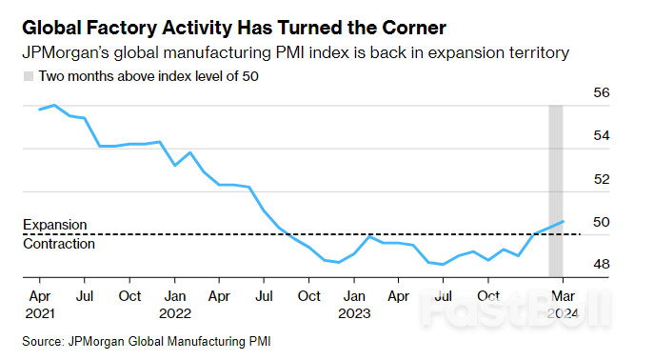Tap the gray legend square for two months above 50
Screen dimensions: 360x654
click(29, 74)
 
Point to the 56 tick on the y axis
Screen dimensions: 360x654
click(601, 93)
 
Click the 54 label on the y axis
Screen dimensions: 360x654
click(601, 136)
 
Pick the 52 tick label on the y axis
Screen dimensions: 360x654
click(601, 179)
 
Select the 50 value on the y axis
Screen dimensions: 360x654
click(601, 222)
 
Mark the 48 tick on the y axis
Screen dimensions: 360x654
click(601, 264)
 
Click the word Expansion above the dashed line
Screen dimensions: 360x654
click(54, 225)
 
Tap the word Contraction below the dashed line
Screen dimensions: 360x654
click(59, 244)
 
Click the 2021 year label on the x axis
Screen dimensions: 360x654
click(39, 312)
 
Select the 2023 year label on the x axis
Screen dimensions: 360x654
click(353, 312)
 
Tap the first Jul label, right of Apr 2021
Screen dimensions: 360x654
click(84, 296)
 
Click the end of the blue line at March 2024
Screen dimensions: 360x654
click(565, 221)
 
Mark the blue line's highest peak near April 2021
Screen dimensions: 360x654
click(54, 106)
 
